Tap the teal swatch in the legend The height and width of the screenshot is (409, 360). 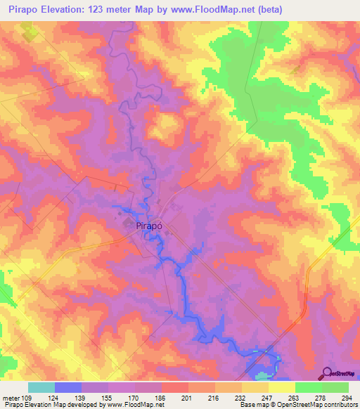(41, 388)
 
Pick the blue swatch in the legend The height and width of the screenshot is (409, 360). (68, 388)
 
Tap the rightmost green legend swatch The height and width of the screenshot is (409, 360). (335, 388)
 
